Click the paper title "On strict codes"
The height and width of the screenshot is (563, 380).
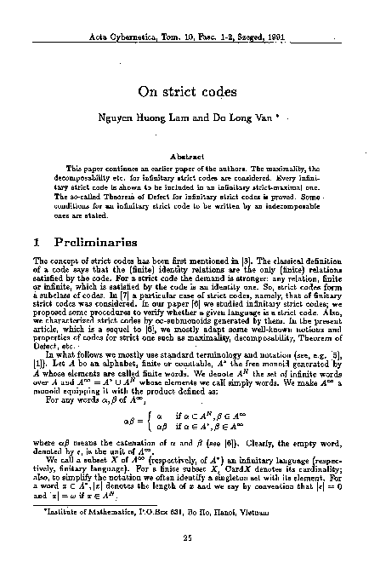(190, 91)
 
